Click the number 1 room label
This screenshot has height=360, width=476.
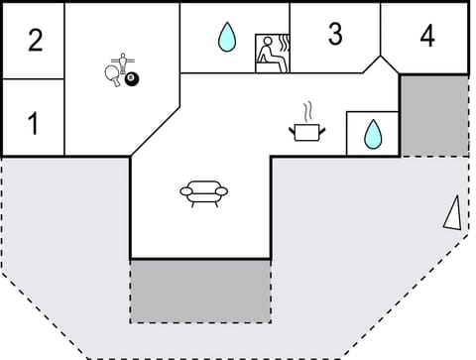(x=33, y=125)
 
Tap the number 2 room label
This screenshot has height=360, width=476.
(x=36, y=41)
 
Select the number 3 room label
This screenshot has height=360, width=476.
(x=335, y=34)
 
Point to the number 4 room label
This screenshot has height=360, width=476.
(x=426, y=37)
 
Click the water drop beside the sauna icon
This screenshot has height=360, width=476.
(x=228, y=39)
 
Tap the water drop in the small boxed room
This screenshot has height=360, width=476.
(x=373, y=134)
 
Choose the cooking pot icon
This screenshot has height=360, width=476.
(x=306, y=130)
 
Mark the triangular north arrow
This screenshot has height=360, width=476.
(x=452, y=212)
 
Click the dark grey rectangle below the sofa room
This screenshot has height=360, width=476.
(x=200, y=290)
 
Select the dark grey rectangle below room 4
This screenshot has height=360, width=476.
(x=433, y=114)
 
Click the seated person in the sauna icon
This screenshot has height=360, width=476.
(x=267, y=56)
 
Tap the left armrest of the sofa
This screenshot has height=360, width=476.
(x=184, y=191)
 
